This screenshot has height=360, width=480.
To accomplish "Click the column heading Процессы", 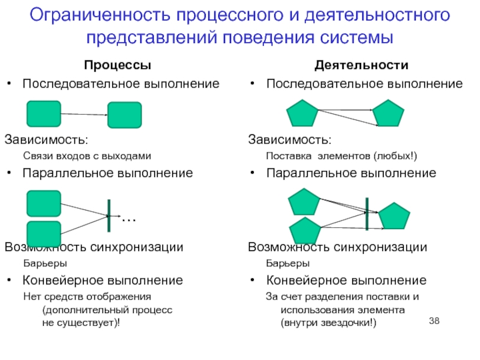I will (117, 65).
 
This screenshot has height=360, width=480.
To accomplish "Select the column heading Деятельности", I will (362, 65).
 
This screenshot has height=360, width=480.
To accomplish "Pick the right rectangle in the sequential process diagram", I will (124, 115).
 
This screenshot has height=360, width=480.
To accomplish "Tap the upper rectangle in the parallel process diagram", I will (44, 203).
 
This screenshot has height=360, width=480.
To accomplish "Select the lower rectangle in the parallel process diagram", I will (44, 234).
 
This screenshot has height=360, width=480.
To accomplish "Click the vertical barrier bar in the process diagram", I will (109, 216).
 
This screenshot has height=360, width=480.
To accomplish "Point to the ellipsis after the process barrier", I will (129, 220).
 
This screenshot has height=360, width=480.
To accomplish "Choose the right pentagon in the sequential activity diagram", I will (388, 114).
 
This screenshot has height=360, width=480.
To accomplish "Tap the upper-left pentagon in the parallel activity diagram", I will (305, 202).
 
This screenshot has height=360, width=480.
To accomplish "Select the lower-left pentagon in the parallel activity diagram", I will (305, 232).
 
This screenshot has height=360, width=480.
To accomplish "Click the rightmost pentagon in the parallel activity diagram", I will (394, 217).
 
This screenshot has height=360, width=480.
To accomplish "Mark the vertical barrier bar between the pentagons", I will (366, 213).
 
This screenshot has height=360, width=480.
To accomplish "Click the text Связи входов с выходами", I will (87, 156).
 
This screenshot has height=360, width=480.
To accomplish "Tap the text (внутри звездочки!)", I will (328, 322).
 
